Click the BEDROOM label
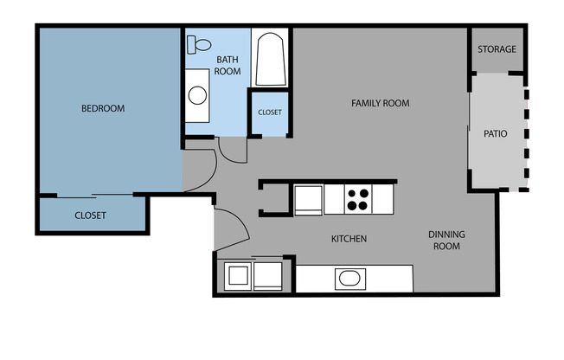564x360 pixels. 103,109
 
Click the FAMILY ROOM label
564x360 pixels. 380,103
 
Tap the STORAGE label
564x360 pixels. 497,49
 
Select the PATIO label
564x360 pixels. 495,134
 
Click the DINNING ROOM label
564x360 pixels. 447,240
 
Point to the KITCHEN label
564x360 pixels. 350,239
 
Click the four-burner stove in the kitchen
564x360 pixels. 359,200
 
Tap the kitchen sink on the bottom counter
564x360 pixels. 350,279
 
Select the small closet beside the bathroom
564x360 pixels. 269,112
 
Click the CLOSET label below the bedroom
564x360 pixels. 90,215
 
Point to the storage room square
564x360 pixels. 497,49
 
